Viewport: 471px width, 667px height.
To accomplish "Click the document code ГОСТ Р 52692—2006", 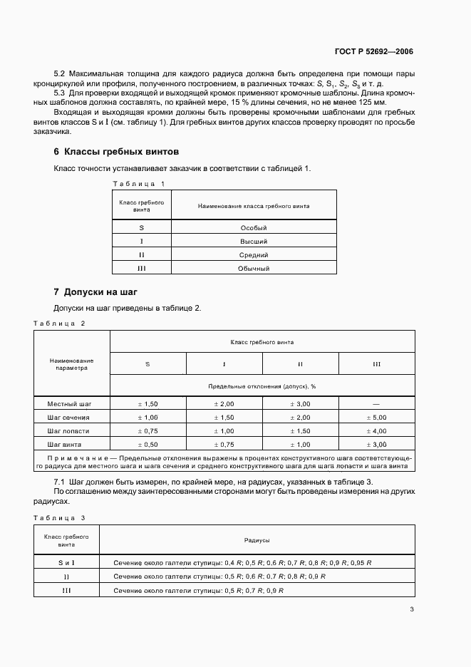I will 373,51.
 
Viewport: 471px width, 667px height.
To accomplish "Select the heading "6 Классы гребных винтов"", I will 116,152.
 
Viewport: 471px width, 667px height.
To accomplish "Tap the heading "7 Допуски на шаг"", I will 95,292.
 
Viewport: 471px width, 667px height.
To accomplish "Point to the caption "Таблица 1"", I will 139,184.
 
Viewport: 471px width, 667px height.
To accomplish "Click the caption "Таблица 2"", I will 59,324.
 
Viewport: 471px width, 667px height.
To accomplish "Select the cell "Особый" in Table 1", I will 254,228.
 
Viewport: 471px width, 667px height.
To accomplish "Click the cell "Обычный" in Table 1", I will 254,269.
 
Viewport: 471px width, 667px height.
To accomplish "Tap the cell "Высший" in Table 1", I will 254,242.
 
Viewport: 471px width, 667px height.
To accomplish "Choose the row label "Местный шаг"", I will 71,403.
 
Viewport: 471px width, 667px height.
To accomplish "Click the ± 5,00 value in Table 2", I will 376,417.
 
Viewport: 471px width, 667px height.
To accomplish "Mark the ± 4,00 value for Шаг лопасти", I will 376,431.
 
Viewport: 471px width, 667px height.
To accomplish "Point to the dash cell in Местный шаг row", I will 376,403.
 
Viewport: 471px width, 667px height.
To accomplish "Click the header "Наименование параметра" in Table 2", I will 71,365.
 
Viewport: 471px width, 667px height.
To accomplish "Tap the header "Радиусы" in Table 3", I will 256,541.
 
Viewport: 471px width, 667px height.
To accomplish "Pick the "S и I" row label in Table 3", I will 66,562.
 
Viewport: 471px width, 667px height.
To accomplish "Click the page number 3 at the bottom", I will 411,609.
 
